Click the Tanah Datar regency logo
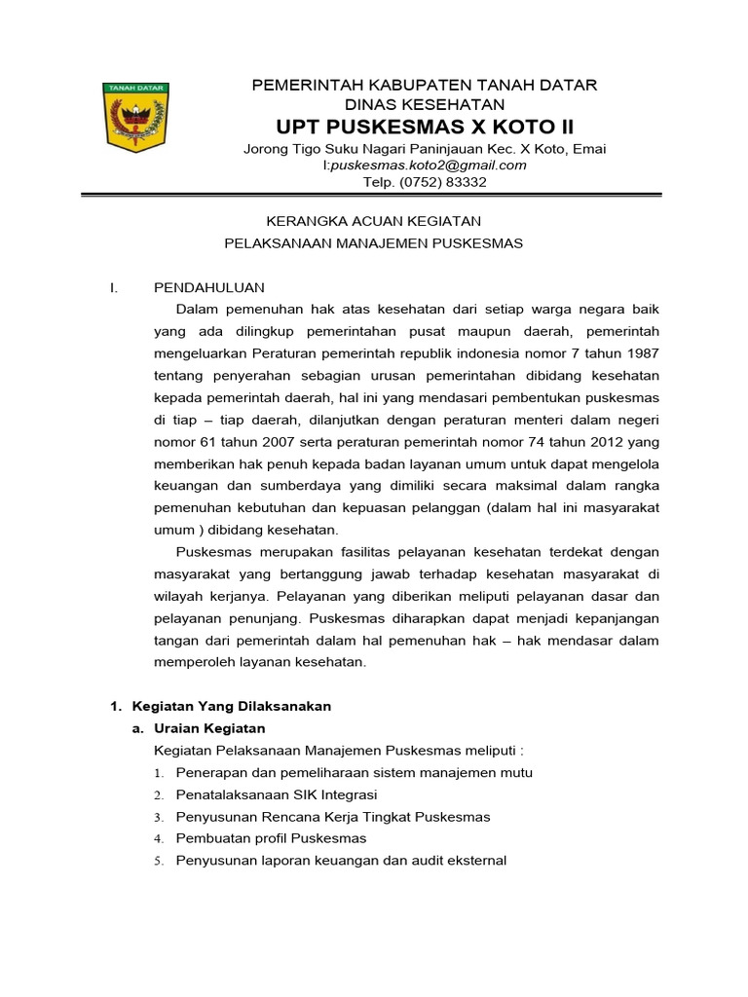point(135,117)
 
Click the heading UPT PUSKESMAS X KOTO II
point(425,128)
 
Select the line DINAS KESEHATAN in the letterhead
point(425,104)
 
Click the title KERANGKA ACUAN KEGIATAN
point(374,222)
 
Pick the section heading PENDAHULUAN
point(209,287)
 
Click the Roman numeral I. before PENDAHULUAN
point(113,287)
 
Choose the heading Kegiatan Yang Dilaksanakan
point(231,706)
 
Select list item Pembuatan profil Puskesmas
point(271,838)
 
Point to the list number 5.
point(158,861)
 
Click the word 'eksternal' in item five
point(474,861)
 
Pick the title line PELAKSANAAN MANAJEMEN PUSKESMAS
point(374,243)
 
